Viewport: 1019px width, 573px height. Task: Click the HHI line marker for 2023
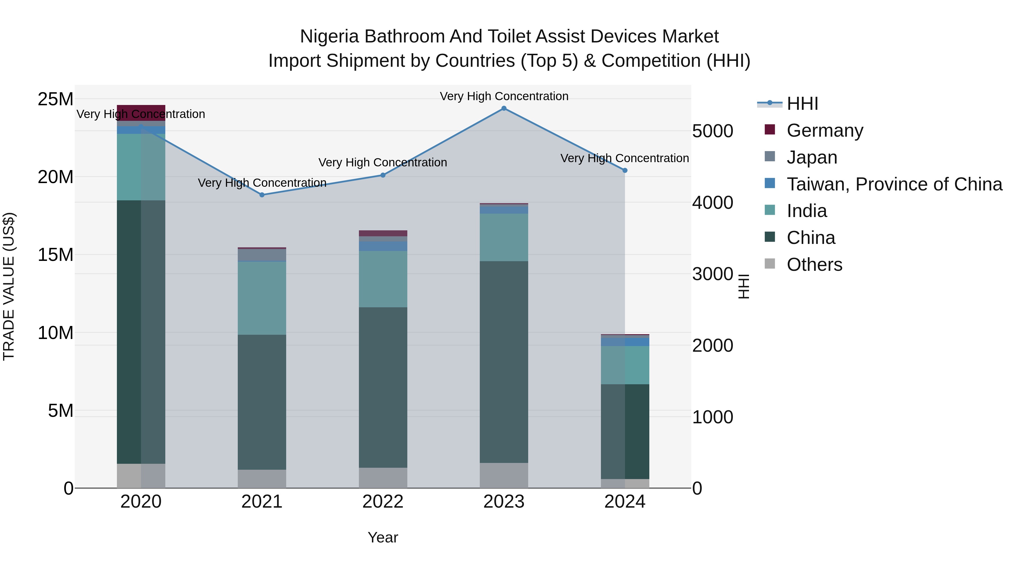click(x=504, y=108)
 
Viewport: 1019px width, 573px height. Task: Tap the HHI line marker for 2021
click(x=262, y=195)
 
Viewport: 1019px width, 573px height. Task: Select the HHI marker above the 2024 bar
click(x=625, y=170)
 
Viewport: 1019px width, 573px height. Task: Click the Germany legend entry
click(x=825, y=130)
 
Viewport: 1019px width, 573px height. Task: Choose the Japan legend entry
click(x=812, y=157)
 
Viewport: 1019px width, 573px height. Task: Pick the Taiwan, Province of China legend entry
click(x=894, y=184)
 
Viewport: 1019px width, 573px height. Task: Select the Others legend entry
click(x=814, y=265)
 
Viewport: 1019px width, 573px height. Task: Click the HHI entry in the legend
click(x=802, y=104)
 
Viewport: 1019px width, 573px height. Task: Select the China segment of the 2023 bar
click(x=504, y=362)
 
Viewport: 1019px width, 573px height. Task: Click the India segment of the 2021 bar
click(x=262, y=298)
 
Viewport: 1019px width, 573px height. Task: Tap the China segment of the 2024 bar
click(x=625, y=432)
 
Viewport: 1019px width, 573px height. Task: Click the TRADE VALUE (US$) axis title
click(x=9, y=286)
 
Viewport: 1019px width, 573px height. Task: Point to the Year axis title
click(x=382, y=537)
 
